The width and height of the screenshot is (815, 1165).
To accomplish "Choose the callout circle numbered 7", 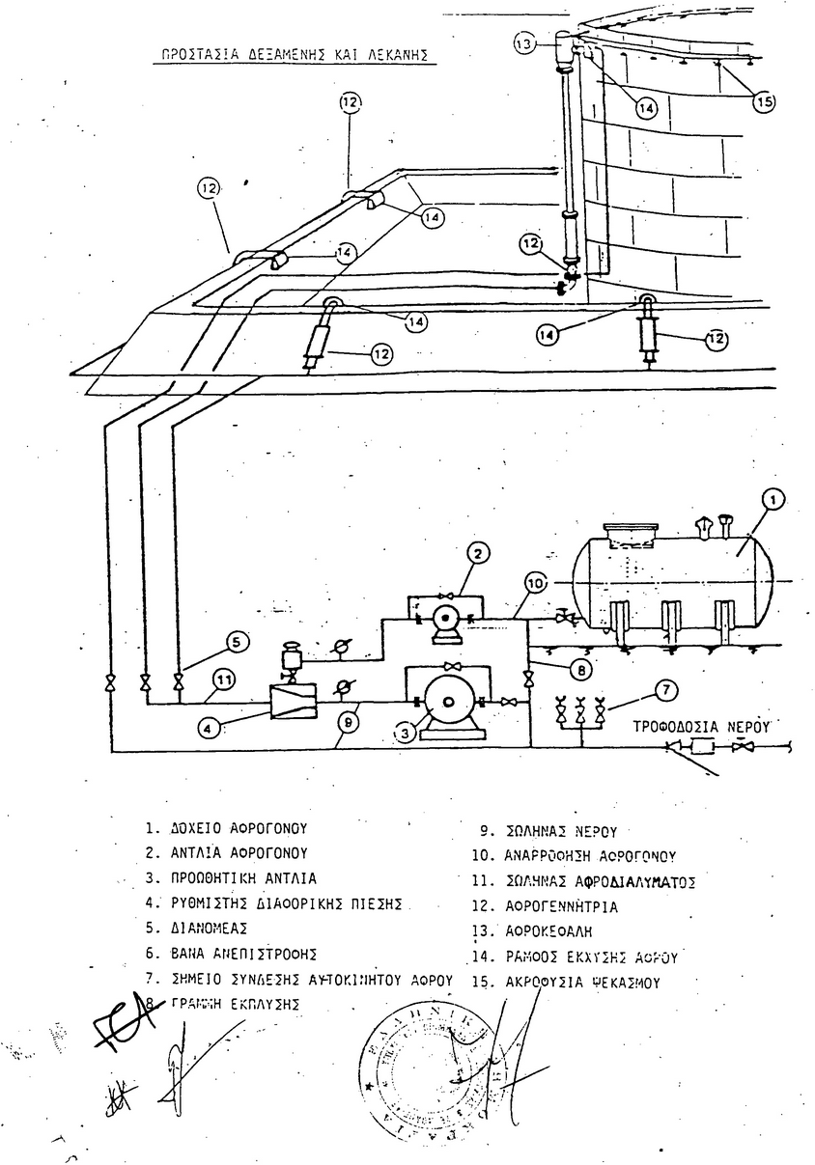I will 666,690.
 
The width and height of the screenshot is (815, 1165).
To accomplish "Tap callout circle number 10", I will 536,583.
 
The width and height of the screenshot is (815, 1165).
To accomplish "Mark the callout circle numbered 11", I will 224,680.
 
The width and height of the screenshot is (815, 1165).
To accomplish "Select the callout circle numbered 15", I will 764,99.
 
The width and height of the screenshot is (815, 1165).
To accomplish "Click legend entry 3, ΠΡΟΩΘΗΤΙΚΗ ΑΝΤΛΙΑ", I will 231,879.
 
